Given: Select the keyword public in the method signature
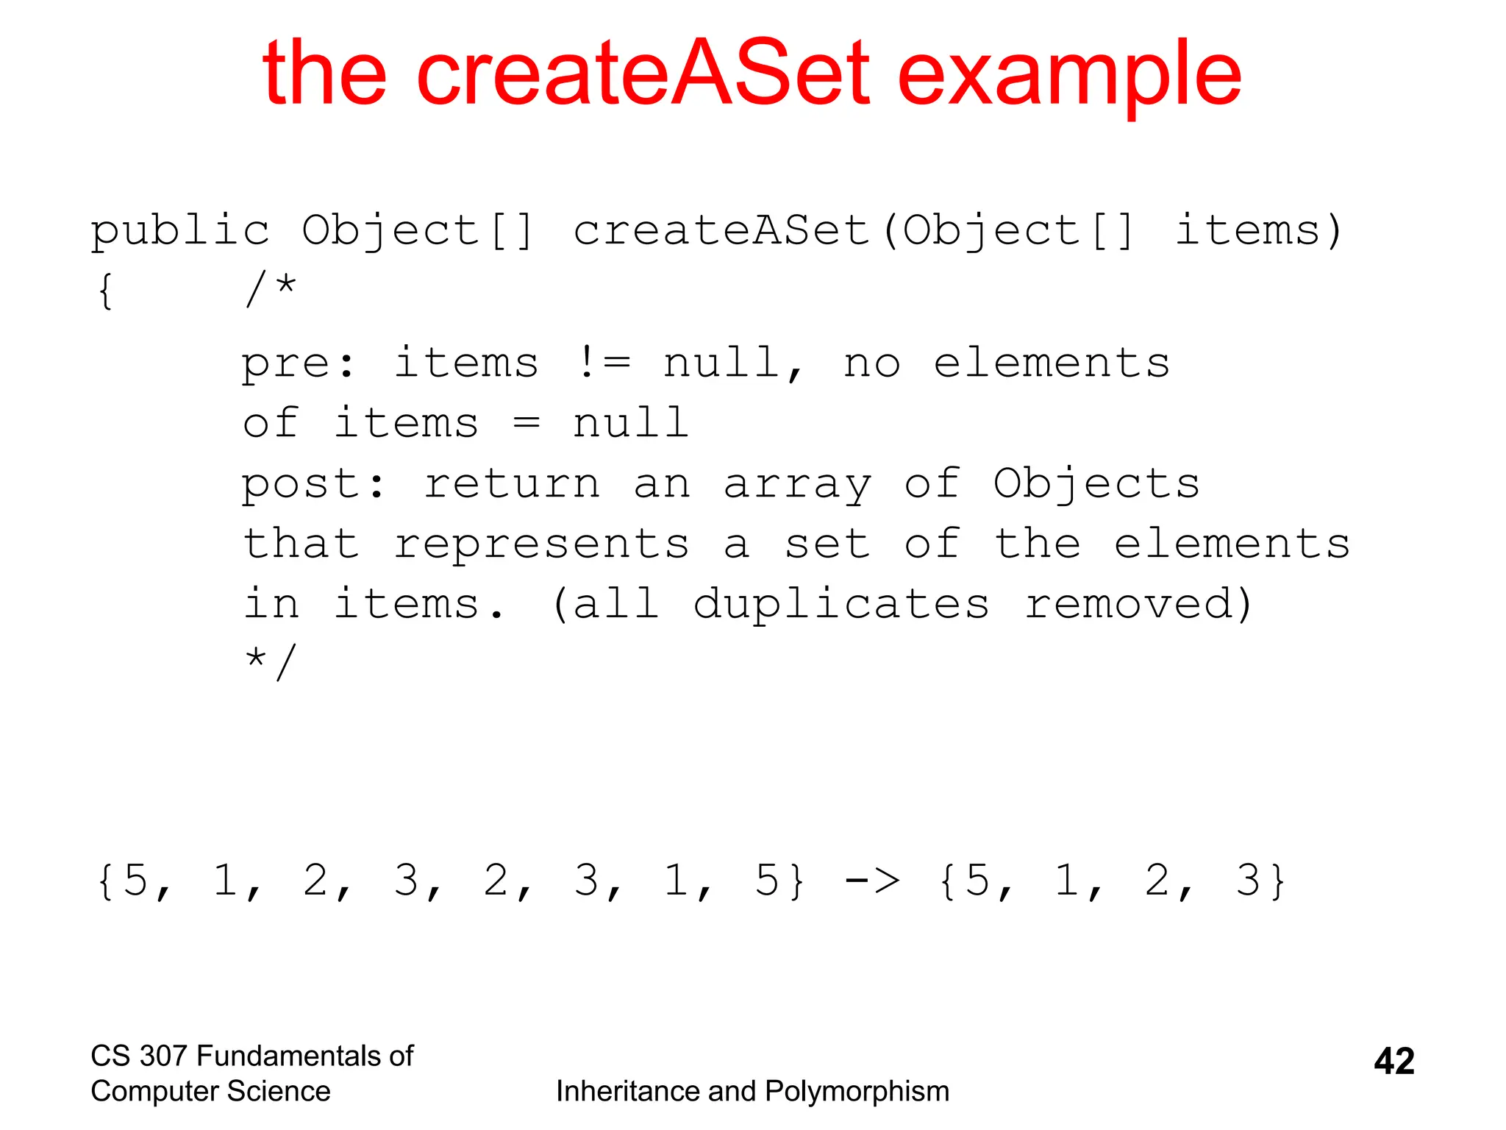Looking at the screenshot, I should pos(180,231).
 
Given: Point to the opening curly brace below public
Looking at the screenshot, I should pos(105,291).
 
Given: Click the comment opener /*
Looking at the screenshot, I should pos(271,288).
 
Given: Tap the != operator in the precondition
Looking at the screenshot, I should pos(603,362).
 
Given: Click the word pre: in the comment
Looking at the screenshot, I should pos(299,363).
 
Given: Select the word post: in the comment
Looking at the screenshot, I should pos(313,484).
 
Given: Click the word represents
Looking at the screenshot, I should pos(541,544).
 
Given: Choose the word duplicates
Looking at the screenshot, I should pos(841,605).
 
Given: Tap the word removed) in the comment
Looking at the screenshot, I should pos(1138,605).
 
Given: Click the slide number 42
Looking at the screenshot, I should pos(1393,1061).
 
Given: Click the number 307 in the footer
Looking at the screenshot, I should pos(163,1056).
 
